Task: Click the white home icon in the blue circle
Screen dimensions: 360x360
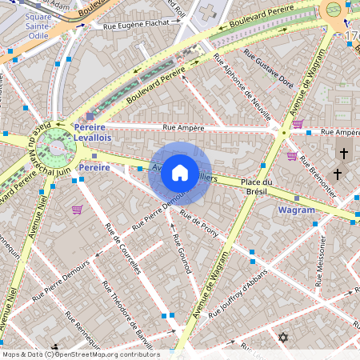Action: click(179, 172)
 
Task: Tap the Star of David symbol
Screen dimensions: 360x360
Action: click(282, 338)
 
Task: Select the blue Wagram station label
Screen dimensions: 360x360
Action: click(295, 210)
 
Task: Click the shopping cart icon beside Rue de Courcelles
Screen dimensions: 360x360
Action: click(78, 210)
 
